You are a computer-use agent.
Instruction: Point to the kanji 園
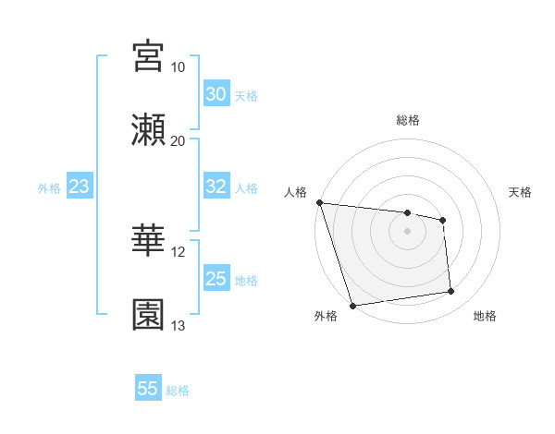(x=149, y=314)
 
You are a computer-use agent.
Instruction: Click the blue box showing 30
(x=216, y=94)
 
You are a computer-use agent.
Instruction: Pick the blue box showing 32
(x=216, y=187)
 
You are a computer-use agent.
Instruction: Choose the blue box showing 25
(x=216, y=279)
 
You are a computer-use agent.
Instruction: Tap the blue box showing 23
(x=80, y=187)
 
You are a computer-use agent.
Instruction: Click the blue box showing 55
(x=148, y=389)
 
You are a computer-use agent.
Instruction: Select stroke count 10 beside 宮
(x=178, y=67)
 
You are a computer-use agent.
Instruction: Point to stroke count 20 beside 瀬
(x=178, y=141)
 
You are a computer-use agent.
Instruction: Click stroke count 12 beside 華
(x=178, y=252)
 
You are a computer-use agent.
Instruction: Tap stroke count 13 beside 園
(x=178, y=326)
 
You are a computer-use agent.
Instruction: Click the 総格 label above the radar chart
(x=408, y=120)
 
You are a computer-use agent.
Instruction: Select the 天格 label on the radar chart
(x=520, y=192)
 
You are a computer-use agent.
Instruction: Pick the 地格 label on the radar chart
(x=485, y=317)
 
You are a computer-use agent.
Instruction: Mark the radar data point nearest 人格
(x=319, y=202)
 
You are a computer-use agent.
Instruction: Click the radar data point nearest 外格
(x=352, y=305)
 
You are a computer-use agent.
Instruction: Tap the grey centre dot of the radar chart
(x=407, y=231)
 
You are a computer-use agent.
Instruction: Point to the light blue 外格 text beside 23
(x=49, y=188)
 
